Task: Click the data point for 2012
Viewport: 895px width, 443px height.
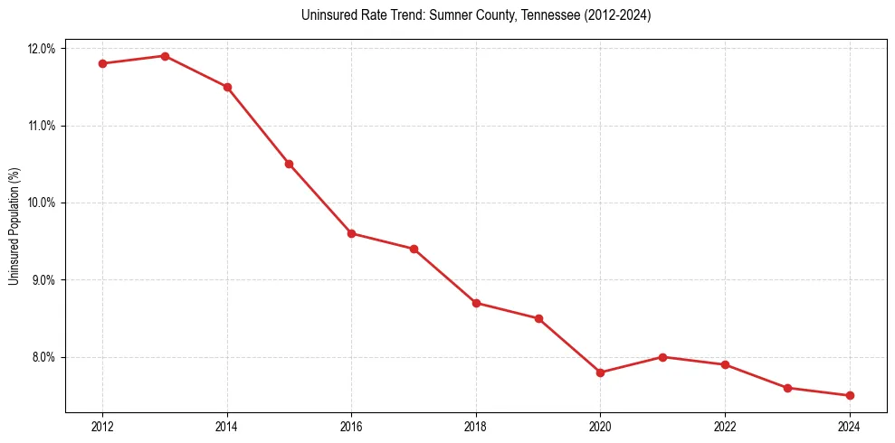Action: tap(102, 63)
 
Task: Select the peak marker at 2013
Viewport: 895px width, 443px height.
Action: tap(165, 56)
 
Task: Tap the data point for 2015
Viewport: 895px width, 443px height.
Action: tap(289, 164)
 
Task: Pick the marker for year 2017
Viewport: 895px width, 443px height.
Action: tap(414, 249)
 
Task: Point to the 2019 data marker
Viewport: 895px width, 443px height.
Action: tap(538, 318)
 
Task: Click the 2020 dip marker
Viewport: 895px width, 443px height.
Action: tap(600, 372)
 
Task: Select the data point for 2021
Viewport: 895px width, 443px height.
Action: tap(662, 357)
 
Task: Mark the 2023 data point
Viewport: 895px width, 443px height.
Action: tap(787, 388)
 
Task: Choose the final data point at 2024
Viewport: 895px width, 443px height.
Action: tap(849, 395)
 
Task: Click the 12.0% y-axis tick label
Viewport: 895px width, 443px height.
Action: tap(43, 49)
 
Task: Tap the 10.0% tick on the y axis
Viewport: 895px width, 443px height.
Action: tap(43, 203)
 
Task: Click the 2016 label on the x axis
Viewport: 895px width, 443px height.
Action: tap(351, 427)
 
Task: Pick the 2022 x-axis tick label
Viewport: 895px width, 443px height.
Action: tap(725, 427)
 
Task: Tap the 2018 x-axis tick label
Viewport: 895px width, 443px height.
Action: tap(476, 427)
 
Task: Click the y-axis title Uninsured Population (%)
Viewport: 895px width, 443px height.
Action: tap(14, 226)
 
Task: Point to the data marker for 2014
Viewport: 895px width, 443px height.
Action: tap(227, 87)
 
